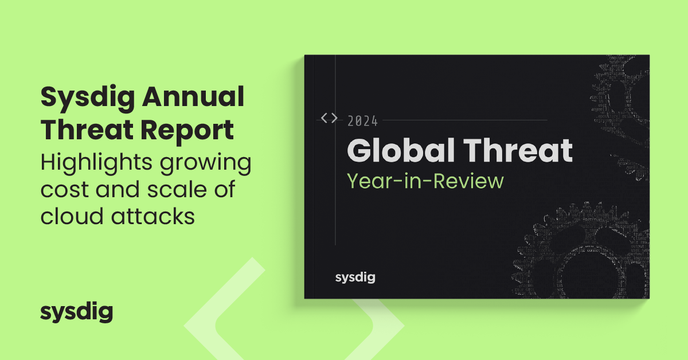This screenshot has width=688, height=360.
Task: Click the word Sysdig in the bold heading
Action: (79, 99)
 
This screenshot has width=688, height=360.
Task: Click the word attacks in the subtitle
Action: (147, 217)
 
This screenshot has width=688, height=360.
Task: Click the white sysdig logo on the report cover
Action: (355, 278)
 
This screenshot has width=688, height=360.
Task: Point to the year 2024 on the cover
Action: (362, 121)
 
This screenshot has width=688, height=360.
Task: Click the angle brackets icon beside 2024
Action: (329, 118)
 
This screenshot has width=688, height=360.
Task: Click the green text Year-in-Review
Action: (425, 181)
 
